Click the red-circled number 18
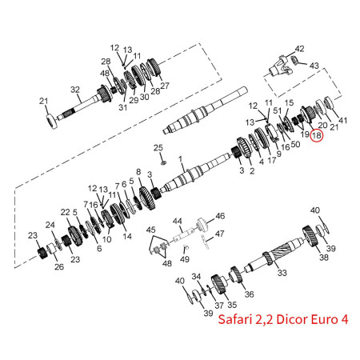tap(317, 136)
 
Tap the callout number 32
tap(75, 90)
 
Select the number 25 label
tap(158, 147)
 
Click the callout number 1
tap(180, 159)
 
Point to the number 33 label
tap(282, 273)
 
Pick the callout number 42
tap(299, 49)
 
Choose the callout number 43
tap(314, 66)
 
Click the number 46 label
tap(220, 216)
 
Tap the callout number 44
tap(177, 221)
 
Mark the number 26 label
tap(59, 266)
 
